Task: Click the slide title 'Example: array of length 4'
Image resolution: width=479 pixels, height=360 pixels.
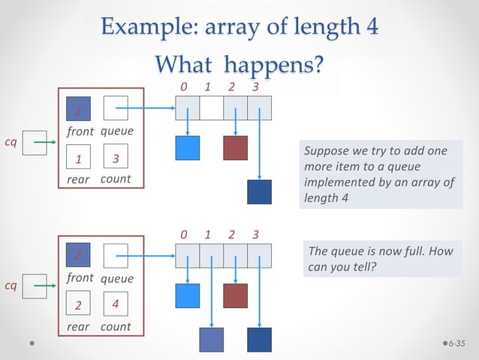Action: tap(239, 27)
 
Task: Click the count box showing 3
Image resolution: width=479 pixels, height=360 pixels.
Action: tap(116, 159)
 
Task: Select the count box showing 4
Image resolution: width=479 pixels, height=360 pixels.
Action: tap(116, 304)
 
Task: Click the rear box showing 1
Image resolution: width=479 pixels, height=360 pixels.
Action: tap(78, 159)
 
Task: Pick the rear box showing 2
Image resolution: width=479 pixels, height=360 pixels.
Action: tap(78, 304)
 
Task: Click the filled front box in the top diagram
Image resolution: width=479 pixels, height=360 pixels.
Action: tap(78, 110)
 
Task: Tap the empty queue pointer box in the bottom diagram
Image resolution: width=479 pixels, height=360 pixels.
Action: tap(116, 256)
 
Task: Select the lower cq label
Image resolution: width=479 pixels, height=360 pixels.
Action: tap(11, 286)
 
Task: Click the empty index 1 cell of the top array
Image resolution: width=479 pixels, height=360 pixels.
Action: tap(211, 109)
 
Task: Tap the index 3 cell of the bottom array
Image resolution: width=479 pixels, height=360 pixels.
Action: tap(259, 256)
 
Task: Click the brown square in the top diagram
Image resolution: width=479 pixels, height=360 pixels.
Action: tap(235, 147)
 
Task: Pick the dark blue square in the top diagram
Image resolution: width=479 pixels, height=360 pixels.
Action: tap(259, 192)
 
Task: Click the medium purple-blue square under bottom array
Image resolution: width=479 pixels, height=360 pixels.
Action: tap(211, 340)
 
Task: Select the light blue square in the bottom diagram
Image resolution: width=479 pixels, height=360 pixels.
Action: tap(187, 295)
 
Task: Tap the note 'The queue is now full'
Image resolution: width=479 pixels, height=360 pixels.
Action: tap(382, 259)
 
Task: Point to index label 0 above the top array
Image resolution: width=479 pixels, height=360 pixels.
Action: tap(185, 87)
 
